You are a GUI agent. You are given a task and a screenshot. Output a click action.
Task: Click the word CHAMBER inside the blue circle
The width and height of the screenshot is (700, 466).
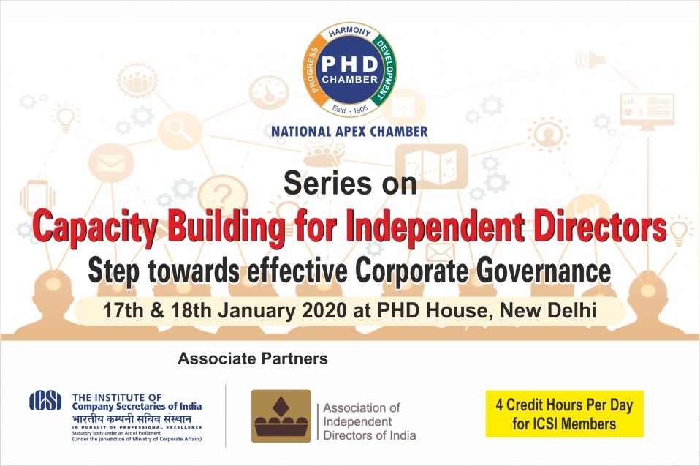pyautogui.click(x=349, y=80)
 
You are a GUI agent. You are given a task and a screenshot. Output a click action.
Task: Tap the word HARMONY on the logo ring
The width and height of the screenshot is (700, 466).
pyautogui.click(x=349, y=32)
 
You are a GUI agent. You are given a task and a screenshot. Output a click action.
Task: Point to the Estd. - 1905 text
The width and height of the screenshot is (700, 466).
pyautogui.click(x=349, y=108)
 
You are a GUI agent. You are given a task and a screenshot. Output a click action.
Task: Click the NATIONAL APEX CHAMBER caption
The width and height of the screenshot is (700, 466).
pyautogui.click(x=349, y=132)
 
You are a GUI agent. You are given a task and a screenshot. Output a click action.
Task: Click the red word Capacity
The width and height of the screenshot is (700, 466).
pyautogui.click(x=95, y=228)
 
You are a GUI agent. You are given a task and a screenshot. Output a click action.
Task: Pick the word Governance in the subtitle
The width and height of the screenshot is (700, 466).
pyautogui.click(x=544, y=271)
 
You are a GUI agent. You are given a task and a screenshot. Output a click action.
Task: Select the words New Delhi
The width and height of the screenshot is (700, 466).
pyautogui.click(x=548, y=310)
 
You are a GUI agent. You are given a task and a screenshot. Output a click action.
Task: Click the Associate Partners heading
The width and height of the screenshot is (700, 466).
pyautogui.click(x=253, y=358)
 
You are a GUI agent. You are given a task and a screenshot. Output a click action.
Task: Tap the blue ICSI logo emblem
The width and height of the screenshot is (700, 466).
pyautogui.click(x=45, y=400)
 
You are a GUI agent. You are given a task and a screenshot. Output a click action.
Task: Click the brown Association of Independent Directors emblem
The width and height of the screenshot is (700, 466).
pyautogui.click(x=281, y=416)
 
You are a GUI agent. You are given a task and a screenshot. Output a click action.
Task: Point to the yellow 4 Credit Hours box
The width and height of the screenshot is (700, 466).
pyautogui.click(x=565, y=414)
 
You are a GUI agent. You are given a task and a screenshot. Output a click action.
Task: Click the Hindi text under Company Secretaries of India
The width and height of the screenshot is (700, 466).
pyautogui.click(x=132, y=418)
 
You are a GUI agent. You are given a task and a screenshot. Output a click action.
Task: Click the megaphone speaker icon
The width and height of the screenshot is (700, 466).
pyautogui.click(x=590, y=60)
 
